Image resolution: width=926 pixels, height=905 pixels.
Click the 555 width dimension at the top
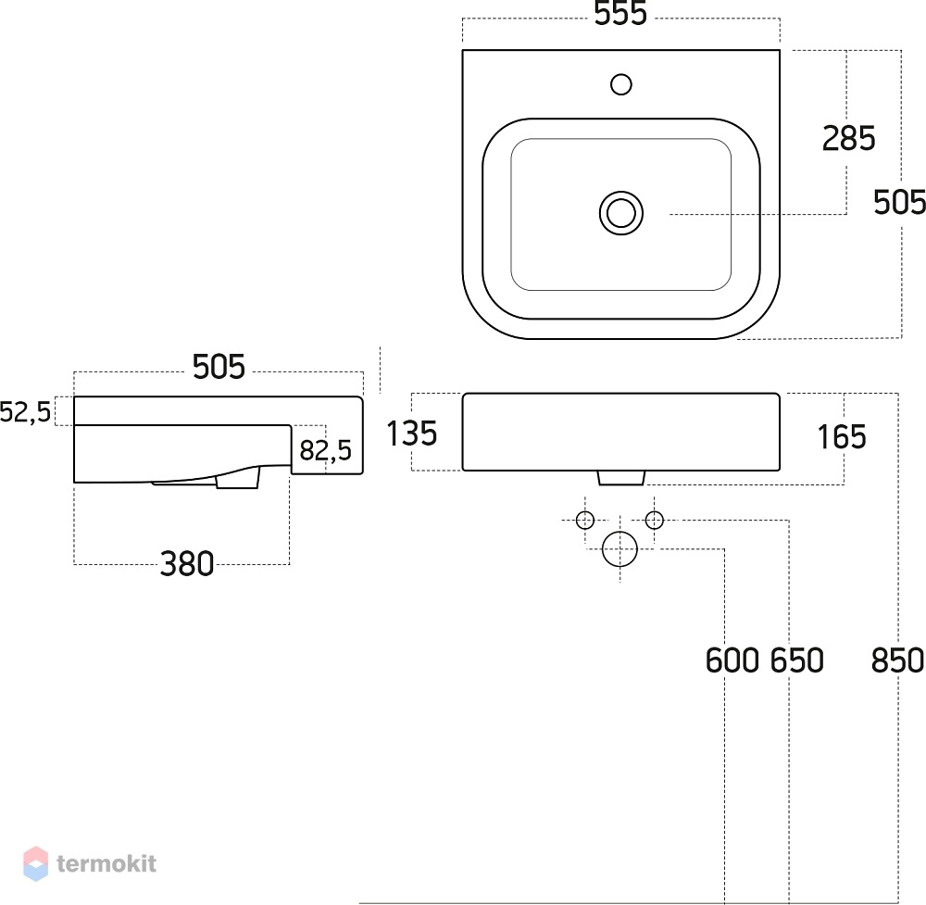[620, 13]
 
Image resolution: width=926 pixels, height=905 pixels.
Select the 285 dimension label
[848, 139]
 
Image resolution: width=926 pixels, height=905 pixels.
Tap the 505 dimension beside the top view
[899, 202]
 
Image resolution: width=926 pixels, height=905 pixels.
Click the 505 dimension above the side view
[219, 367]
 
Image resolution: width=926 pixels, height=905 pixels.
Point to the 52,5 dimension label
[25, 411]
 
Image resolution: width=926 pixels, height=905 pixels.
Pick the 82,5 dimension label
[325, 451]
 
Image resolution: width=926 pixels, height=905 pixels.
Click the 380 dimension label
[187, 564]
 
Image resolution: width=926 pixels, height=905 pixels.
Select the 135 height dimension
[412, 433]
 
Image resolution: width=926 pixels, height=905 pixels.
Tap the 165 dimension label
[842, 437]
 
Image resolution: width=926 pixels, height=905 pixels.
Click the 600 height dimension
[732, 660]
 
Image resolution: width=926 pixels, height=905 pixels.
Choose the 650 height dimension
[797, 660]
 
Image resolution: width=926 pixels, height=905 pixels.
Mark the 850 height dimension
[897, 660]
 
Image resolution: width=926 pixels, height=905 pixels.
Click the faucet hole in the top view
[620, 84]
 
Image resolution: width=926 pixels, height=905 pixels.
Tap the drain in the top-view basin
[621, 213]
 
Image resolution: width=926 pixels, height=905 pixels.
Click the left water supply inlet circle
[584, 521]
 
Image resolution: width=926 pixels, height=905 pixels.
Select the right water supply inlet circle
[655, 521]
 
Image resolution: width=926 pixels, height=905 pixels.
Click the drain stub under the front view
[621, 478]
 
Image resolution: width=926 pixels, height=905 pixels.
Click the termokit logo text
[106, 863]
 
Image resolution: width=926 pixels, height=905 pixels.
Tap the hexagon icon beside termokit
[35, 863]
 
